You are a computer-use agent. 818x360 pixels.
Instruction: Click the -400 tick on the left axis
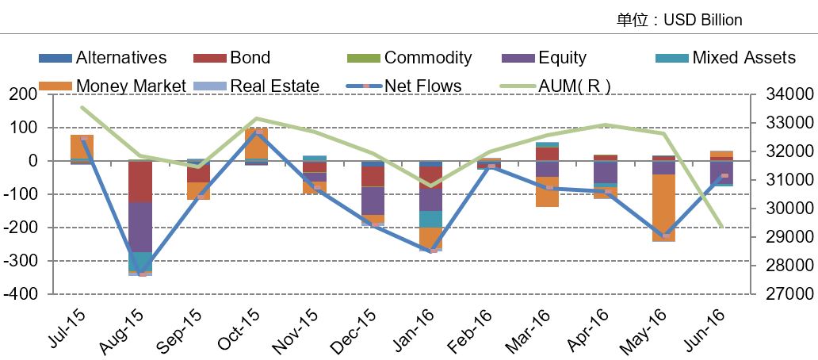[x=24, y=294]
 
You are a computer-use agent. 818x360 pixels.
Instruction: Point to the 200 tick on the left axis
[x=27, y=94]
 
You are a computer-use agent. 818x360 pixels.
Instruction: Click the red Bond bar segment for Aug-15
[x=140, y=182]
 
